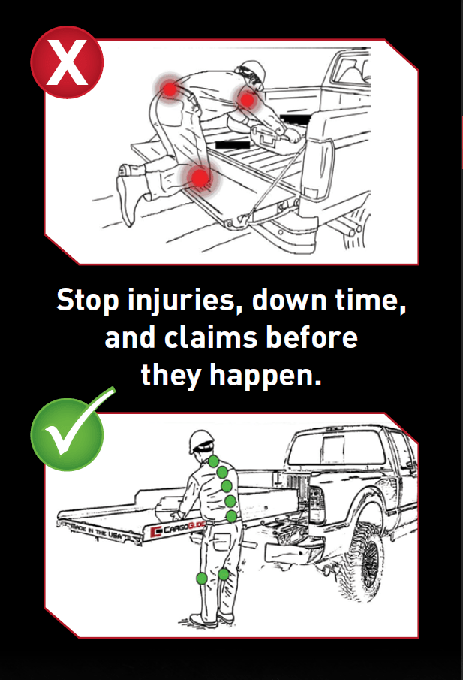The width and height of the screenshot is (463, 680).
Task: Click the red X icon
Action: click(67, 62)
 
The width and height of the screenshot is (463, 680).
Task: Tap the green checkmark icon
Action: click(68, 433)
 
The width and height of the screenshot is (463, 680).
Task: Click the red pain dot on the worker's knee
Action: click(200, 177)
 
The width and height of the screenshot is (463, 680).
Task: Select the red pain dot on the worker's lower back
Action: click(170, 89)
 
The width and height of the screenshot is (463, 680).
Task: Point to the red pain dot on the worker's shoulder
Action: click(248, 100)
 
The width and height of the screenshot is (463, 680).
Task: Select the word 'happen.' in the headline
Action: click(266, 376)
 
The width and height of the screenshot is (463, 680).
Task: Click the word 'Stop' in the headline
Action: click(88, 300)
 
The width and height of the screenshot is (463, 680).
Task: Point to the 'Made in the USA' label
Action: click(97, 530)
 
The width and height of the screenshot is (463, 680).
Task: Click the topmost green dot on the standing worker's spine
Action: click(213, 462)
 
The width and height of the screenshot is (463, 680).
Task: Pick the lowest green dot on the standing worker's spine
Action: click(232, 516)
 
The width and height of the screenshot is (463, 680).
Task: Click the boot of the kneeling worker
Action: click(126, 195)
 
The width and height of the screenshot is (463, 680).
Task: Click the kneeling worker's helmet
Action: click(252, 71)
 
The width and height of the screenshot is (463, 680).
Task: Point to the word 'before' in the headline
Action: click(311, 337)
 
